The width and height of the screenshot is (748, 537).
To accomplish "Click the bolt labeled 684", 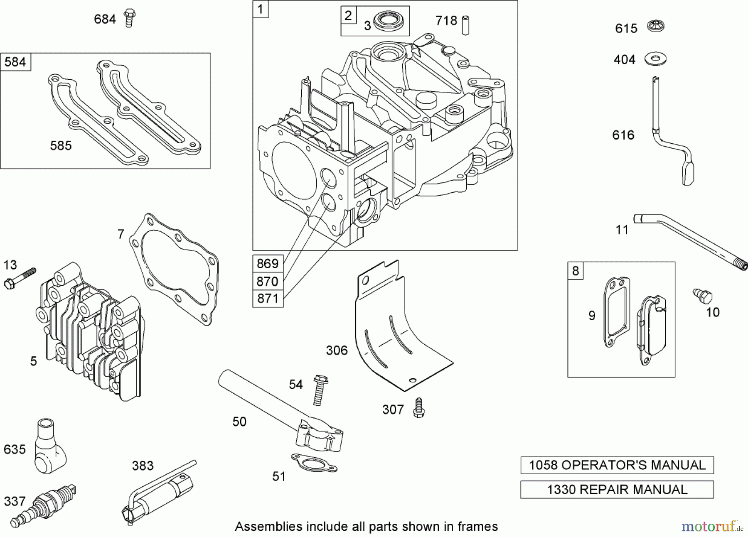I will click(130, 18).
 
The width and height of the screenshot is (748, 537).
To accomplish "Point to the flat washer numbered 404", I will click(656, 59).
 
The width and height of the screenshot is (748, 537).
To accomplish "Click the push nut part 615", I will click(656, 27).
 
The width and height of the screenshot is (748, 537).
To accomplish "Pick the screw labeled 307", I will click(418, 408).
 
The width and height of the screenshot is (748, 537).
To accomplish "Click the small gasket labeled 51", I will click(314, 462).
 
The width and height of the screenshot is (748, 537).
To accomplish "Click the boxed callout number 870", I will click(268, 281).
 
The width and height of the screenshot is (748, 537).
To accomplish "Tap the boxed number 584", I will click(15, 62).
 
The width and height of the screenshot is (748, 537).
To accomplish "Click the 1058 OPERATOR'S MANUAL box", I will click(617, 465).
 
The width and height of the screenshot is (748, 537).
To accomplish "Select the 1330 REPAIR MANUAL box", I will click(617, 490).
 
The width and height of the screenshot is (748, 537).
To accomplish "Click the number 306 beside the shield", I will click(337, 350).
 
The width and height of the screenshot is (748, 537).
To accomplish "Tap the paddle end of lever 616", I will click(688, 174).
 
